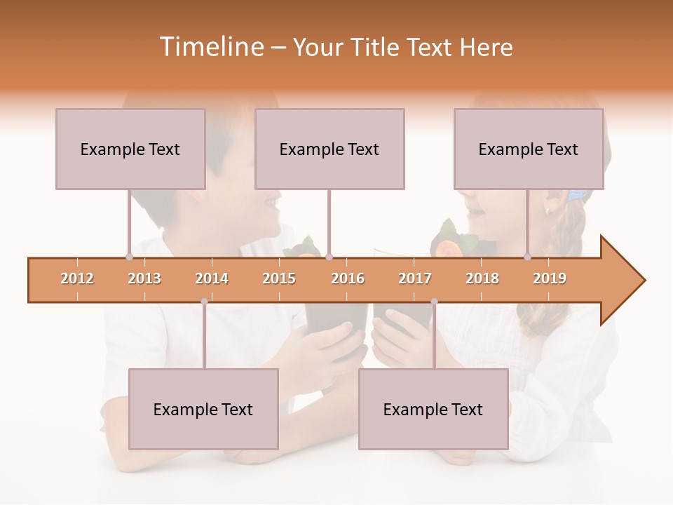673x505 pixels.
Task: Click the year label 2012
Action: pyautogui.click(x=77, y=278)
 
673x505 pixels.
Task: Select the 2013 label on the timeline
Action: pyautogui.click(x=144, y=278)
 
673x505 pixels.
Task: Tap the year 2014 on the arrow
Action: pyautogui.click(x=212, y=278)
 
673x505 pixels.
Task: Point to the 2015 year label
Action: pyautogui.click(x=279, y=278)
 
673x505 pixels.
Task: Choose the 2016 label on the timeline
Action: pyautogui.click(x=348, y=278)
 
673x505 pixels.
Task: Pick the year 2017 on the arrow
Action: pyautogui.click(x=415, y=278)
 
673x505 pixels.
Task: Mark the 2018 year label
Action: pyautogui.click(x=482, y=278)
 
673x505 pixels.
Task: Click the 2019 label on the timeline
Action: pyautogui.click(x=550, y=278)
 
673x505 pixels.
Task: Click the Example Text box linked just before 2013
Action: pyautogui.click(x=130, y=149)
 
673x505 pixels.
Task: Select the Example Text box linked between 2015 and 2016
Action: pyautogui.click(x=329, y=149)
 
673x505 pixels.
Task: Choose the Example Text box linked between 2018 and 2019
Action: pyautogui.click(x=529, y=149)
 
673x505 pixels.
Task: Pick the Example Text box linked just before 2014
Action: pyautogui.click(x=203, y=409)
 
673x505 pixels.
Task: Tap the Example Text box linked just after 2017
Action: pyautogui.click(x=433, y=409)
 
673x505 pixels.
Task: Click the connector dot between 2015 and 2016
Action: pyautogui.click(x=329, y=257)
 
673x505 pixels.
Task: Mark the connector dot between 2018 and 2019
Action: pyautogui.click(x=528, y=257)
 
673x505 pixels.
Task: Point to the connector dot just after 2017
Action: pyautogui.click(x=434, y=302)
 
